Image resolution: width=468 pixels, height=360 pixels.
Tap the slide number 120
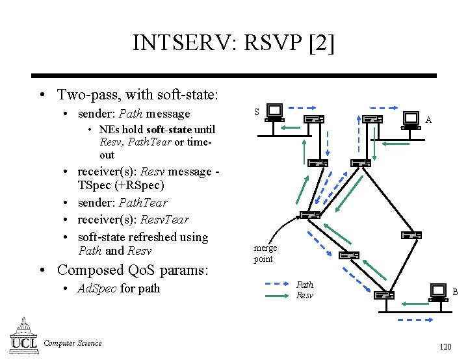445,346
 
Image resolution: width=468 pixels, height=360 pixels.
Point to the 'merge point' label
265,253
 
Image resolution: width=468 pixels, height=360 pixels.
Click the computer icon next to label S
274,113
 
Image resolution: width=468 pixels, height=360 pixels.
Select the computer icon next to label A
411,119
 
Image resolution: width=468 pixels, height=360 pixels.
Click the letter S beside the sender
256,112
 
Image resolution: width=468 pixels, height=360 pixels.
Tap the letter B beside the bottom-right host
455,292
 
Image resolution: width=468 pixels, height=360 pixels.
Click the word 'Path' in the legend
304,285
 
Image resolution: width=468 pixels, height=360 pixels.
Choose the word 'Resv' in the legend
304,295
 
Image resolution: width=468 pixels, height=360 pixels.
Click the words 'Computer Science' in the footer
72,343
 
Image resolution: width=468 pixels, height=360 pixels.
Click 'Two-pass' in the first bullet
86,95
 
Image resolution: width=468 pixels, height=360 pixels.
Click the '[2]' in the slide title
322,43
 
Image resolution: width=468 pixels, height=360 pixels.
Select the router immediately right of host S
314,119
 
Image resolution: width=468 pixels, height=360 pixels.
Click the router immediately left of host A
372,119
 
